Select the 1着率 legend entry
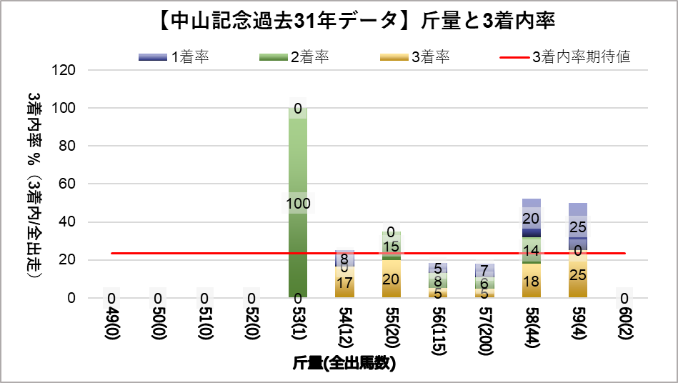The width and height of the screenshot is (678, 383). (174, 58)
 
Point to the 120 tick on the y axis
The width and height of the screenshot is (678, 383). (65, 70)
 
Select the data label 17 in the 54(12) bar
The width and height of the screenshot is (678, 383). (344, 283)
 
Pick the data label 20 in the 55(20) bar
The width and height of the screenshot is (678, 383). (391, 279)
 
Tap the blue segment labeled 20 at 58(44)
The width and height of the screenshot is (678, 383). (531, 219)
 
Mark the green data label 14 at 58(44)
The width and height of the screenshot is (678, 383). (531, 251)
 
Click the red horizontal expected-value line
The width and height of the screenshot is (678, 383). (214, 253)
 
